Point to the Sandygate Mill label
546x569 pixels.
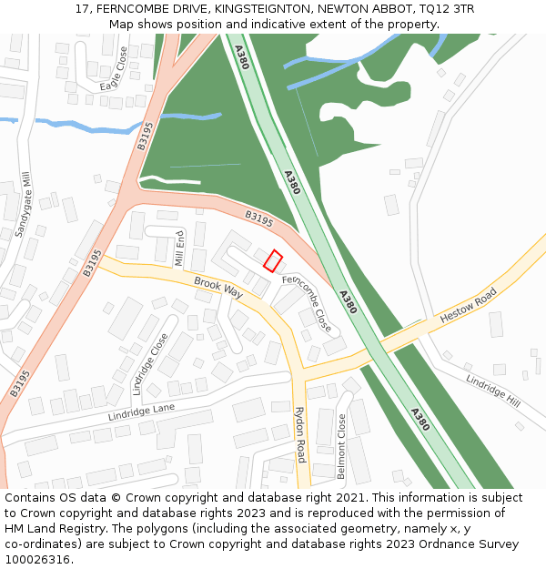pyautogui.click(x=23, y=205)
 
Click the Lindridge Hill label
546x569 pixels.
pyautogui.click(x=492, y=391)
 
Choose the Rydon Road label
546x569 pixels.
pyautogui.click(x=299, y=434)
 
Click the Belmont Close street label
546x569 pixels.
pyautogui.click(x=342, y=446)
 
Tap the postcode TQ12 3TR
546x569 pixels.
pyautogui.click(x=443, y=9)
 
